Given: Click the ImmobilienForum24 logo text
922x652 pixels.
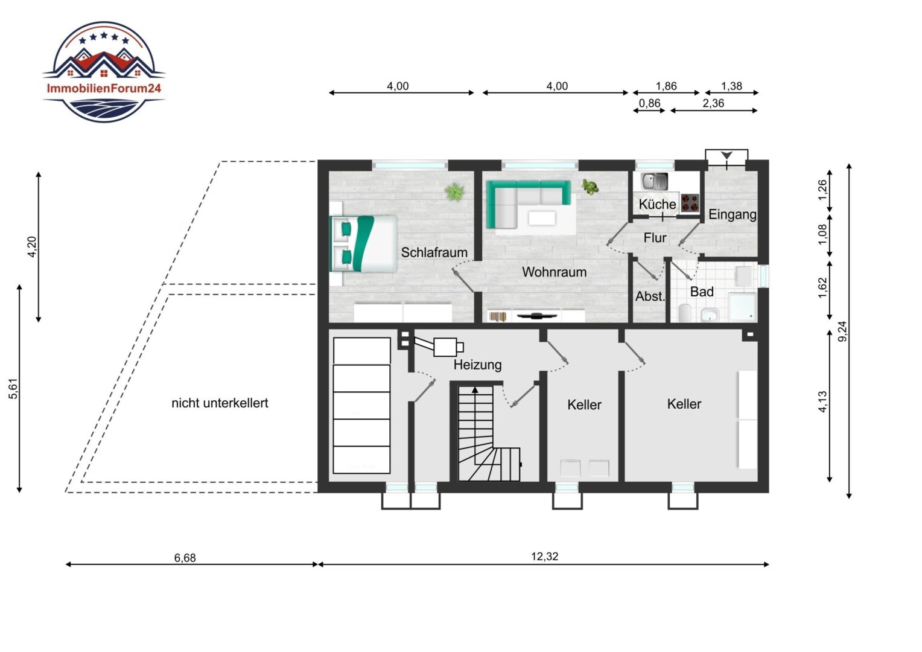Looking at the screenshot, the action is pyautogui.click(x=104, y=88).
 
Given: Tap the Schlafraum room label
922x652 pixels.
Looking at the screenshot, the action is pyautogui.click(x=434, y=252).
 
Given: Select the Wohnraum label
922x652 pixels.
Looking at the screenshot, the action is pyautogui.click(x=554, y=272).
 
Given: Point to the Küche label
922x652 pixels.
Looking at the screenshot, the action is pyautogui.click(x=657, y=204).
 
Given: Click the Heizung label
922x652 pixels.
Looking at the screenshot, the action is pyautogui.click(x=477, y=365).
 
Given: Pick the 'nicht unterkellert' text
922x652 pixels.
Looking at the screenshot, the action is pyautogui.click(x=220, y=403).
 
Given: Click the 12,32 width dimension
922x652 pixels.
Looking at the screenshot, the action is pyautogui.click(x=544, y=557).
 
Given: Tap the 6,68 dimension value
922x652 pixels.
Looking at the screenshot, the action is pyautogui.click(x=185, y=558).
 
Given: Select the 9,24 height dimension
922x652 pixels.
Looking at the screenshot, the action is pyautogui.click(x=842, y=331).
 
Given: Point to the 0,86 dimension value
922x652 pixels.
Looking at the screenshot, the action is pyautogui.click(x=649, y=103).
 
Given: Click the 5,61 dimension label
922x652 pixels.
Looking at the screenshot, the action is pyautogui.click(x=13, y=388).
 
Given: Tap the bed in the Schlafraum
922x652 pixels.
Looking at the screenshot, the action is pyautogui.click(x=364, y=244).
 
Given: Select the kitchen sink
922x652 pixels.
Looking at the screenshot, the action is pyautogui.click(x=655, y=181).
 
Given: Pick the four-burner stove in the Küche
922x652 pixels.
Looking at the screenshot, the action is pyautogui.click(x=690, y=203).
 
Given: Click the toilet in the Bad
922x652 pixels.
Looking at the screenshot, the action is pyautogui.click(x=684, y=313).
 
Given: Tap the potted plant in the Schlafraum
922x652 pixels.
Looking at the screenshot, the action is pyautogui.click(x=454, y=192).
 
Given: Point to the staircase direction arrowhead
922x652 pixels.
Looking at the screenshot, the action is pyautogui.click(x=475, y=389).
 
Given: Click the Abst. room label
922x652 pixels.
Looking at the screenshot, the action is pyautogui.click(x=650, y=296).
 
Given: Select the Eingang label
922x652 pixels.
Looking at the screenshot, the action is pyautogui.click(x=733, y=214).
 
